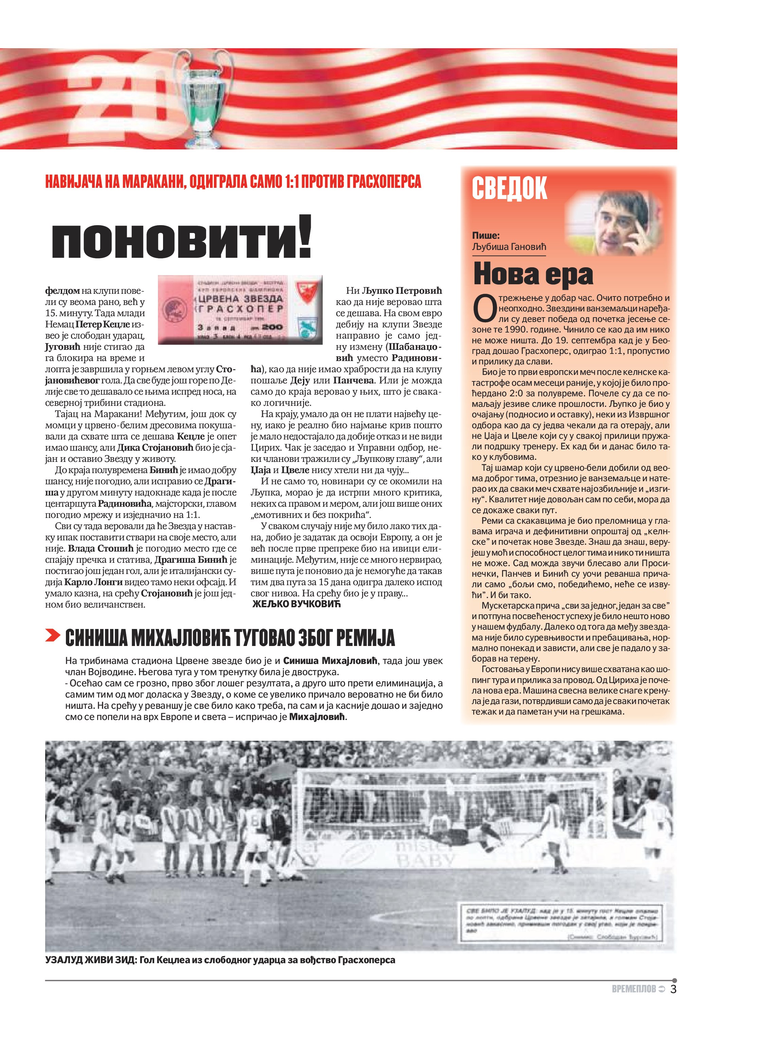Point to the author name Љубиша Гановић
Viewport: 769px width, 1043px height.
click(509, 247)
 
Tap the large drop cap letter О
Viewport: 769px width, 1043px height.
click(484, 309)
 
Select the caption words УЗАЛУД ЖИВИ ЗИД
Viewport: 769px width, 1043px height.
click(90, 960)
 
